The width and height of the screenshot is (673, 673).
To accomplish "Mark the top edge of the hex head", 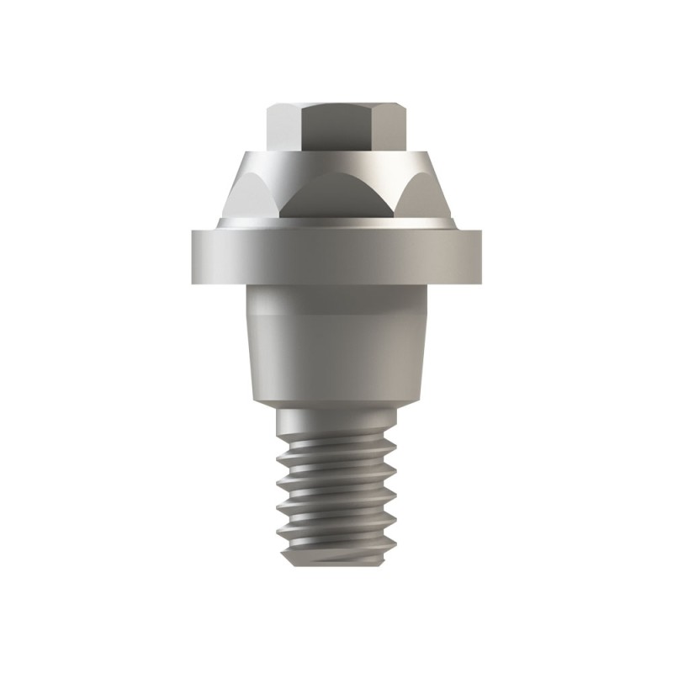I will pos(336,103).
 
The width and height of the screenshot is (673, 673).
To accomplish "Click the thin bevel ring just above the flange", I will pos(336,222).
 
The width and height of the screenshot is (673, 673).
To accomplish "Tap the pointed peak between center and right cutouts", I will pos(386,167).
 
